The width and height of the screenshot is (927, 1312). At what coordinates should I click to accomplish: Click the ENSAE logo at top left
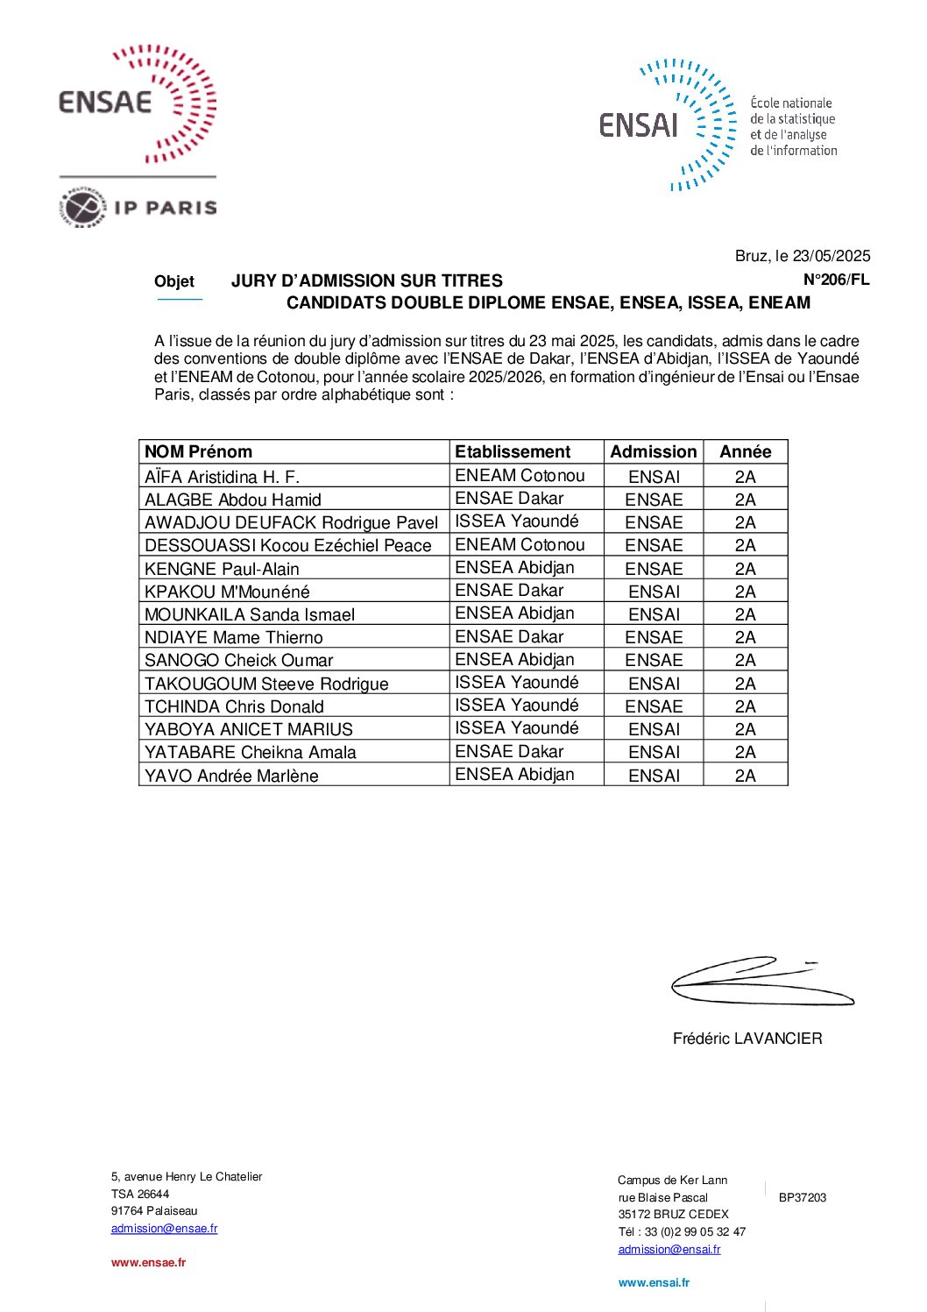[137, 103]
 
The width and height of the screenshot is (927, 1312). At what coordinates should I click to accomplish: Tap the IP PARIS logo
[138, 207]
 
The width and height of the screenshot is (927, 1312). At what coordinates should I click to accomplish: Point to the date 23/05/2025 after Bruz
[831, 256]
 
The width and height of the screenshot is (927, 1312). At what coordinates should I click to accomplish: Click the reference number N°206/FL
[836, 280]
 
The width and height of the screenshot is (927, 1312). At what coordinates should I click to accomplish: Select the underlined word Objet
[174, 281]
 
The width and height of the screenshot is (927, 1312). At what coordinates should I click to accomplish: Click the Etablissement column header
[513, 452]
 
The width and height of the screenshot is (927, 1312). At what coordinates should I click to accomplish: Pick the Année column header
[745, 452]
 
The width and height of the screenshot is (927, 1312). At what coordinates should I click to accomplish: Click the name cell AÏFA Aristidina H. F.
[222, 477]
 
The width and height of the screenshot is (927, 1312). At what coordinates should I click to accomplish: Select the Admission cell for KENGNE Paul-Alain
[654, 568]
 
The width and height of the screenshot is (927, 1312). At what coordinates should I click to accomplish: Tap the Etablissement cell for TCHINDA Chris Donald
[516, 706]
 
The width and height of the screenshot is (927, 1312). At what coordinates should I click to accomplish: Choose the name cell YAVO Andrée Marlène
[231, 776]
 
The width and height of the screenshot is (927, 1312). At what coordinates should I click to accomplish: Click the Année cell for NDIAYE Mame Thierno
[745, 637]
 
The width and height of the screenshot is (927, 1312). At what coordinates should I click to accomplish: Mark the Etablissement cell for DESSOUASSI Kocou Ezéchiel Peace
[520, 544]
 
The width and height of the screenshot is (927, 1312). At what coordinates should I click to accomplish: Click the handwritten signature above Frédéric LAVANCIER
[758, 982]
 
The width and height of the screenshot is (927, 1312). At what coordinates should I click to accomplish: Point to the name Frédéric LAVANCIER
[747, 1039]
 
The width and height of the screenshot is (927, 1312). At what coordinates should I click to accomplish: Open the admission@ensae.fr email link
[164, 1229]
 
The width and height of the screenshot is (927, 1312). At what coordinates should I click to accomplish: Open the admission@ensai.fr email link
[669, 1250]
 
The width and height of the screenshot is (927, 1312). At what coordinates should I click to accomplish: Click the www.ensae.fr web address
[148, 1263]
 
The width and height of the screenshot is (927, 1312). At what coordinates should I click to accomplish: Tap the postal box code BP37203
[802, 1198]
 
